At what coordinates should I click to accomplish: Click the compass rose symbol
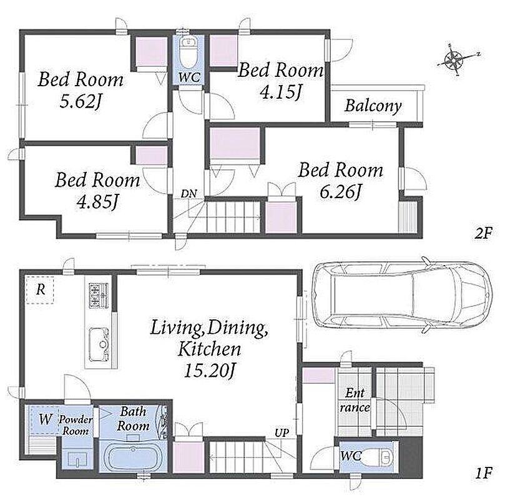453,60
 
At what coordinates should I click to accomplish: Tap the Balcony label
373,106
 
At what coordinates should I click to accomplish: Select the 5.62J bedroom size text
81,101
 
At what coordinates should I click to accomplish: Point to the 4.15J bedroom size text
280,92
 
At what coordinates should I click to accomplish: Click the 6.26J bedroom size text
341,192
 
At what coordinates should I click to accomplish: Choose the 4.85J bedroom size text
97,202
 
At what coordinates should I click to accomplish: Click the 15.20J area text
210,371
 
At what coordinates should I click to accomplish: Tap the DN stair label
189,194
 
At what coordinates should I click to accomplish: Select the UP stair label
282,432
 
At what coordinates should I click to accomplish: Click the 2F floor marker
483,233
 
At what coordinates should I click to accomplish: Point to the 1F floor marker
484,473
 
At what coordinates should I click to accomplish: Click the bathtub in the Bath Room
132,457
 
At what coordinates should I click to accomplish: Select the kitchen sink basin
99,344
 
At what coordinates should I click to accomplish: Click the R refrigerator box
40,289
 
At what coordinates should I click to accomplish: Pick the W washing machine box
44,419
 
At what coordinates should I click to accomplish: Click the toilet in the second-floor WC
189,52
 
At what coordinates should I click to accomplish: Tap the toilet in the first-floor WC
378,457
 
